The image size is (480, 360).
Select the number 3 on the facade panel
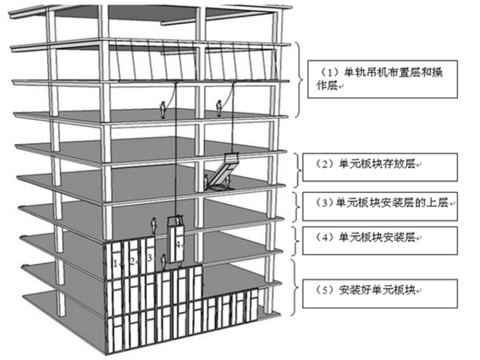coord(149,258)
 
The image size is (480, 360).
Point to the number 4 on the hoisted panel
coord(178,244)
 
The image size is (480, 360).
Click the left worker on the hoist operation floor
coord(164,111)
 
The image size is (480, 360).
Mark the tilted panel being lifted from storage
coord(222,171)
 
